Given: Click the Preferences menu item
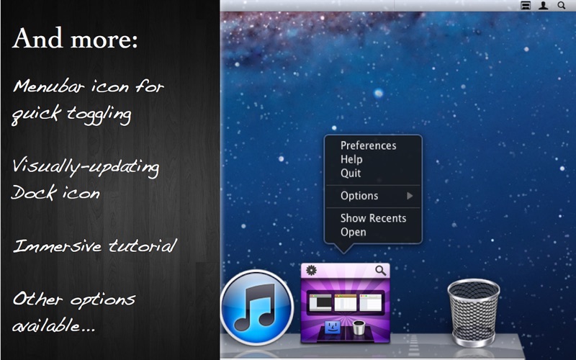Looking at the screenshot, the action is pos(368,146).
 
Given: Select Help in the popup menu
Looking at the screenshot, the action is pos(351,159).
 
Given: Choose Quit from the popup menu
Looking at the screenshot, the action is pos(351,173).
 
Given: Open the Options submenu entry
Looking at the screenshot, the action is pos(359,196).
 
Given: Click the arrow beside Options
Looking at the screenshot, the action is pos(410,196).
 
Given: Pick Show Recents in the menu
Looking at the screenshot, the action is pos(373,218).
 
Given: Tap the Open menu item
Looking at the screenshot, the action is pos(353,232).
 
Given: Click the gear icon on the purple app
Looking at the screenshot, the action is pos(311,271).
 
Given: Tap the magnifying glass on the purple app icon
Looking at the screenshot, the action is pos(381,271).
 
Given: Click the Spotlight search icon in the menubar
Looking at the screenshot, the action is pos(562,5).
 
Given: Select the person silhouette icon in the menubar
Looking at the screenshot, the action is pos(544,5).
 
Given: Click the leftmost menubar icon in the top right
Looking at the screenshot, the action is pos(526,5).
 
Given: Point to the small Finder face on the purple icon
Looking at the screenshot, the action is pos(333,327).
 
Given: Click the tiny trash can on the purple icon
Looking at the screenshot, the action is pos(359,328).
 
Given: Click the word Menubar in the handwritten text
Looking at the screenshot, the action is pos(49,86).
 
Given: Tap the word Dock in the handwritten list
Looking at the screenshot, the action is pos(34,192).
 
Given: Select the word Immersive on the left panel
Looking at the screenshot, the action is pos(58,246).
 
